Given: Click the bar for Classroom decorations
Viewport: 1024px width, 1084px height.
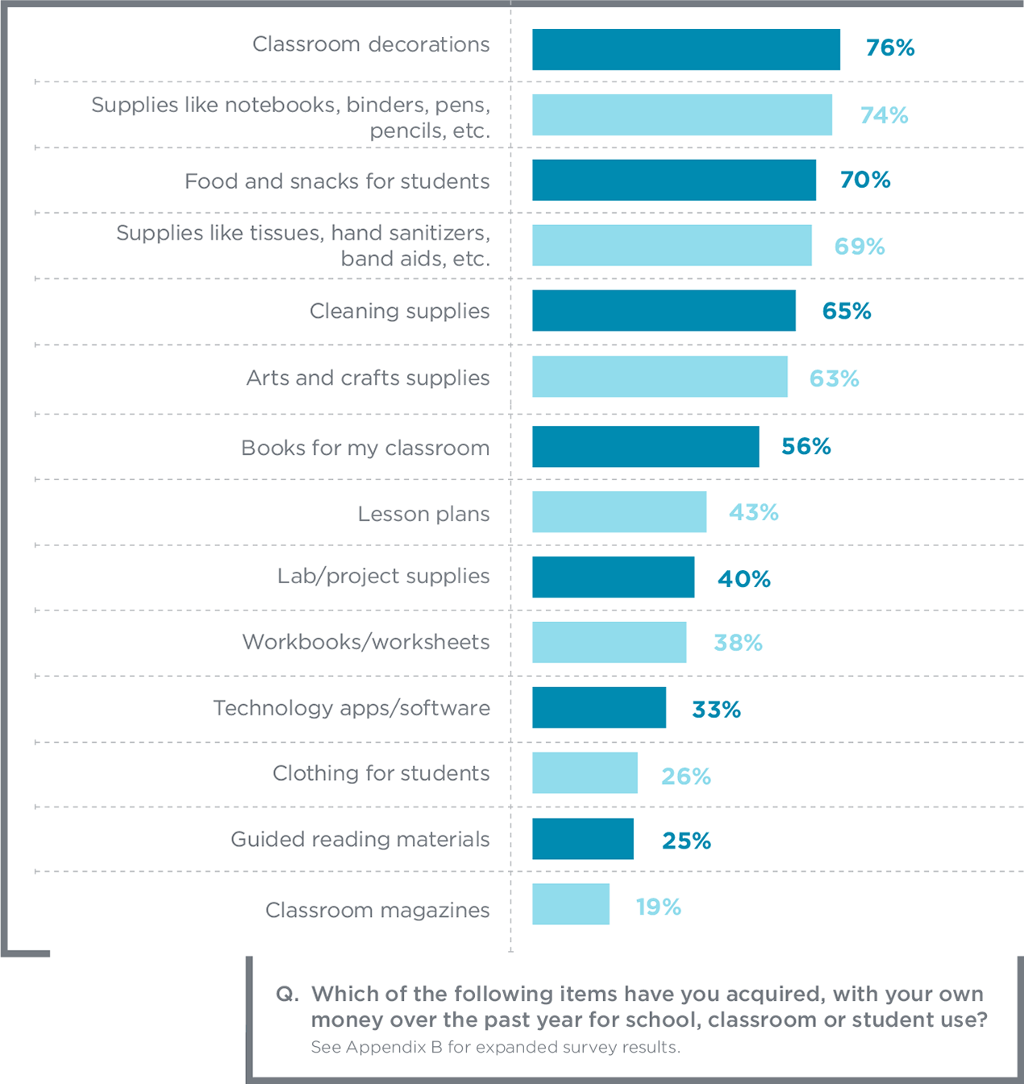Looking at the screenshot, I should [x=685, y=50].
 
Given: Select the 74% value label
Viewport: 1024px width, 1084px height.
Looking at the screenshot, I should [x=884, y=116].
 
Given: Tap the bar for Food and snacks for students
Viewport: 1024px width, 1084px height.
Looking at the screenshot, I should [x=673, y=180].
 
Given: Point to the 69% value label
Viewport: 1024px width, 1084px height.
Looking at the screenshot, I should [x=860, y=247].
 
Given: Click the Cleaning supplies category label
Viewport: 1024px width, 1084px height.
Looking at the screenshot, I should [x=399, y=311].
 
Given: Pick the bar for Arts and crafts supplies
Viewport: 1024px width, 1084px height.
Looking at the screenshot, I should [x=660, y=377].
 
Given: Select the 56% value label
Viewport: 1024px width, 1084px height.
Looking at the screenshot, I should [x=805, y=447].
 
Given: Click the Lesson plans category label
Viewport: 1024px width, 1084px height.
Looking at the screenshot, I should [x=423, y=515].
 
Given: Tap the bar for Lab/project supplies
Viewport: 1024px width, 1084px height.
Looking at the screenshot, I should [x=613, y=577].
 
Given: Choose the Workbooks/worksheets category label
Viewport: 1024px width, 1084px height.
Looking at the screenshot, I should [x=366, y=642].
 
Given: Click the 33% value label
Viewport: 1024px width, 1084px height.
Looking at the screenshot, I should [x=716, y=710].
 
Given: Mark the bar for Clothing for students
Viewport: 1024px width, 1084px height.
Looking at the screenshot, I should [x=585, y=773].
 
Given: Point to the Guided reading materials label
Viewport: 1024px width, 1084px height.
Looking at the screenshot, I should [x=360, y=840].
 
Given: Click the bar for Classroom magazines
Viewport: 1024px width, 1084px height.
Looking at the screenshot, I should [x=570, y=904].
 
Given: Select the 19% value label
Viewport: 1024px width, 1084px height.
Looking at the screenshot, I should [x=658, y=907].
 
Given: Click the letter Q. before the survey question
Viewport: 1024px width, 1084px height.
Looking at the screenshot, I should [x=287, y=994].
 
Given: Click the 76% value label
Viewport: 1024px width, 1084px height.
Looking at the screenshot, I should [x=890, y=48].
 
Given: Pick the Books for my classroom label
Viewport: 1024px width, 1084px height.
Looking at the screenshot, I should [x=365, y=448].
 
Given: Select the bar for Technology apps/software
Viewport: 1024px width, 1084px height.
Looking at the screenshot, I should [x=598, y=708].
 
